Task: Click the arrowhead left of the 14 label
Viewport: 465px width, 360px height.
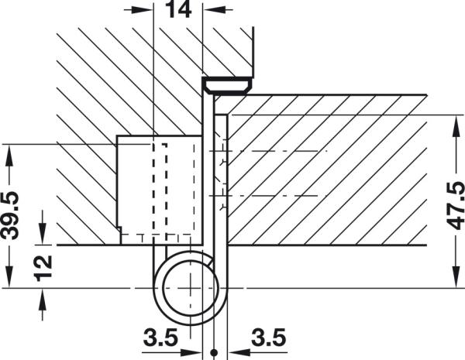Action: tap(143, 12)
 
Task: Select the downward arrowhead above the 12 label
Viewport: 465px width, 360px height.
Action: tap(43, 235)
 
